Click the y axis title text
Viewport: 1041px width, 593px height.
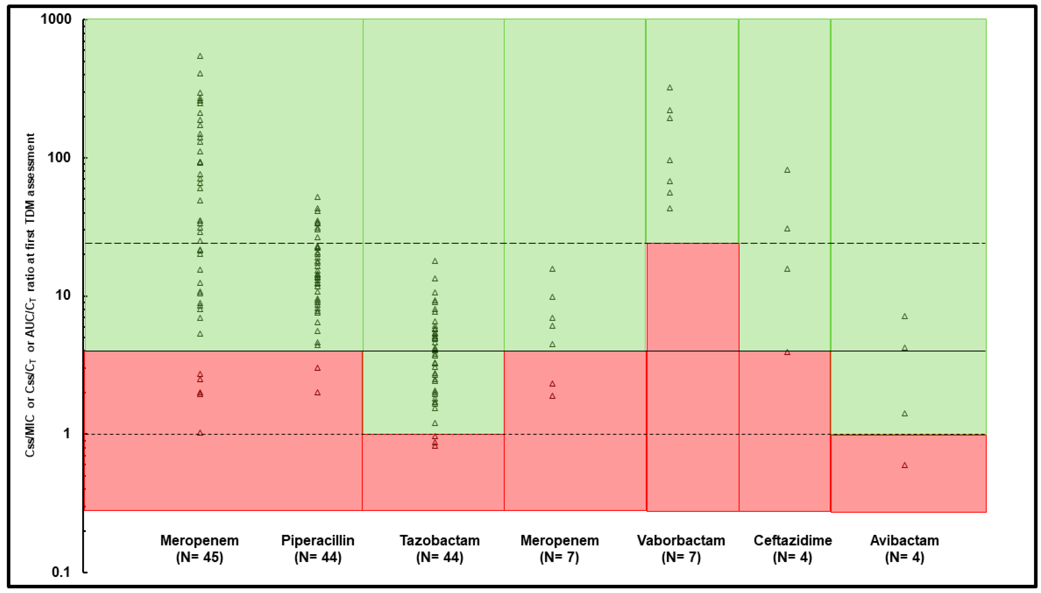[31, 295]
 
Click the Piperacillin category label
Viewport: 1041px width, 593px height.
[318, 541]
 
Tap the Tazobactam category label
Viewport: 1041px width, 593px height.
[439, 541]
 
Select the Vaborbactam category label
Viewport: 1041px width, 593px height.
[681, 541]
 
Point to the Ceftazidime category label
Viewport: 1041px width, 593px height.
[793, 541]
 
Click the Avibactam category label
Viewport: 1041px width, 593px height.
[905, 541]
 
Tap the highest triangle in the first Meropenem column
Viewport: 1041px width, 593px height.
[200, 56]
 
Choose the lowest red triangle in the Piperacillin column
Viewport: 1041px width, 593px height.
[318, 393]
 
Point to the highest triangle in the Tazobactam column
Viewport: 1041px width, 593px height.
[435, 261]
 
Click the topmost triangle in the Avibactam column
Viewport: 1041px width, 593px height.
[905, 316]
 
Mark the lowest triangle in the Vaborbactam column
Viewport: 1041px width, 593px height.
[670, 209]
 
